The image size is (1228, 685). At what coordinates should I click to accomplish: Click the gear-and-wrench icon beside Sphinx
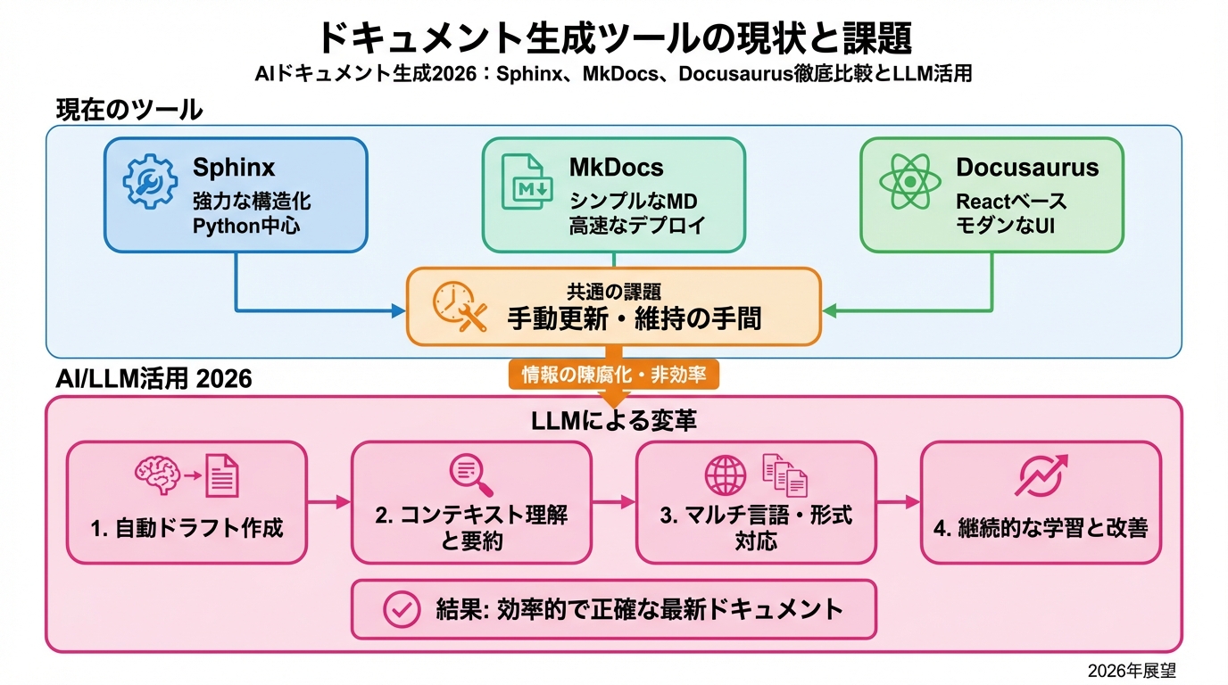(x=150, y=181)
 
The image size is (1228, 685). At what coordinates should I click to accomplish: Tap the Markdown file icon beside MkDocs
(x=527, y=181)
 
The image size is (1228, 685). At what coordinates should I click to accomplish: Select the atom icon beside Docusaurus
(x=909, y=182)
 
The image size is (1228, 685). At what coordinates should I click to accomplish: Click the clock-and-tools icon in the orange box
(x=459, y=308)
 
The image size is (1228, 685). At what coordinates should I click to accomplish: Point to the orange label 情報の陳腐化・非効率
(x=613, y=374)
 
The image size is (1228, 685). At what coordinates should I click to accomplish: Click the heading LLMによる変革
(x=613, y=421)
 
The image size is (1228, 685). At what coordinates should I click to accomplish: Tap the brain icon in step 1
(x=157, y=474)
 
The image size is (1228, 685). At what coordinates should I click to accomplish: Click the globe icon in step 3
(x=726, y=475)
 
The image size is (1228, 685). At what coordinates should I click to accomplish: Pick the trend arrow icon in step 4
(x=1041, y=475)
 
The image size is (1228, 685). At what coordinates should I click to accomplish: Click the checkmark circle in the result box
(x=401, y=609)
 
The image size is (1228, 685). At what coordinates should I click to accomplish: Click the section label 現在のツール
(x=129, y=110)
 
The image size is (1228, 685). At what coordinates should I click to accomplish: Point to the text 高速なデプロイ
(x=637, y=226)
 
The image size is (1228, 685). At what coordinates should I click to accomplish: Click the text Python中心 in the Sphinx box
(x=246, y=226)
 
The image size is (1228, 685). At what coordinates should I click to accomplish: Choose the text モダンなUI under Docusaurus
(x=1006, y=226)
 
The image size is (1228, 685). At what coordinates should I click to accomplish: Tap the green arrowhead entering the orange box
(x=828, y=310)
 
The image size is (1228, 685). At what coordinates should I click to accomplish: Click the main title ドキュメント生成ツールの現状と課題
(x=613, y=37)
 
